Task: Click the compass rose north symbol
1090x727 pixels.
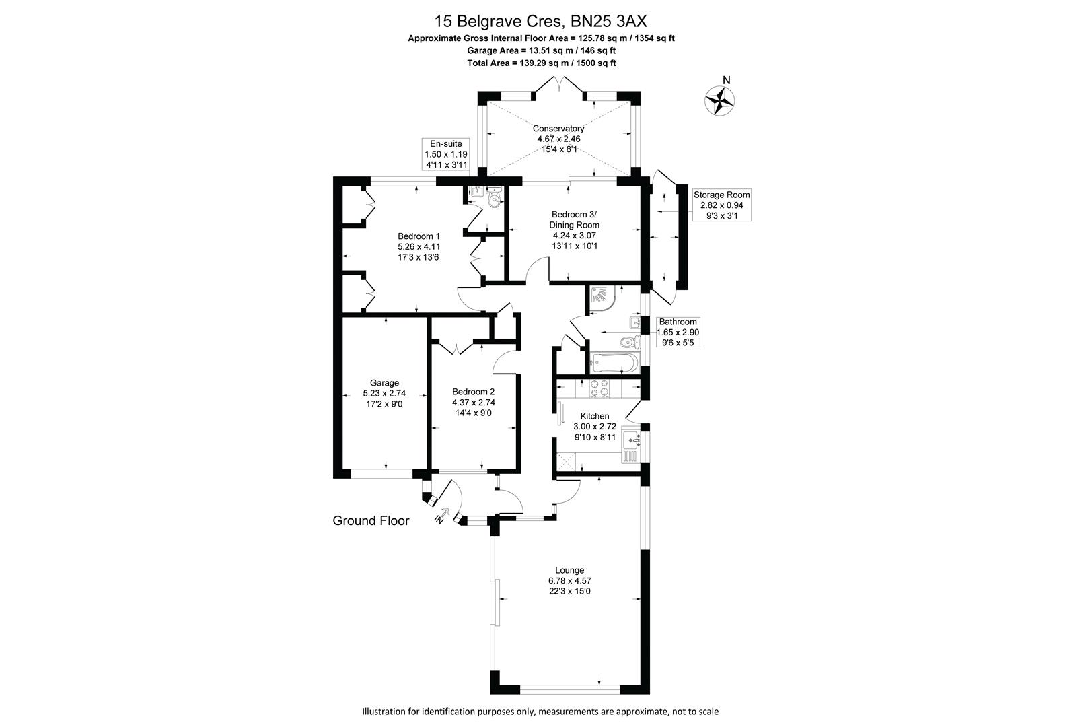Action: (x=719, y=99)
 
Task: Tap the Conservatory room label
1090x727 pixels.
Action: (x=558, y=129)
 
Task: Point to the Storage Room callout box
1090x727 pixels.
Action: (x=721, y=205)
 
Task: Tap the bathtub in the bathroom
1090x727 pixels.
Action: (x=613, y=363)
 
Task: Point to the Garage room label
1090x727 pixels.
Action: (x=384, y=383)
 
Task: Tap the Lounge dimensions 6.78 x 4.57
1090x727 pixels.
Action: (x=569, y=580)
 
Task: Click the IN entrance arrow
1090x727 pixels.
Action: (x=442, y=515)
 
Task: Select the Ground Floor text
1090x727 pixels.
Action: (x=371, y=520)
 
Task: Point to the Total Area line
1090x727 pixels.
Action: (x=542, y=63)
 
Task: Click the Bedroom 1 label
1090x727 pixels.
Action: (x=419, y=236)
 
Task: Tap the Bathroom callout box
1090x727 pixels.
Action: (x=678, y=331)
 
